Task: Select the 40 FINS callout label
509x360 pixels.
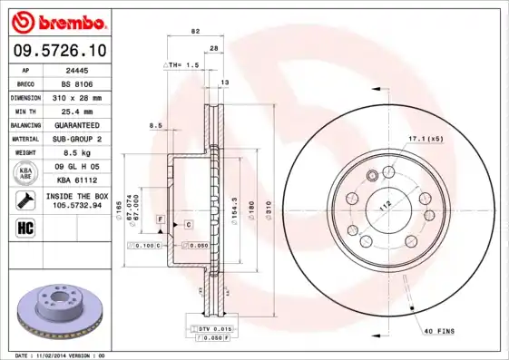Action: [x=440, y=331]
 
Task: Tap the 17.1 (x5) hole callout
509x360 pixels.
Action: [x=426, y=138]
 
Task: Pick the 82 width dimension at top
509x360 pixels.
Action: [x=194, y=31]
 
